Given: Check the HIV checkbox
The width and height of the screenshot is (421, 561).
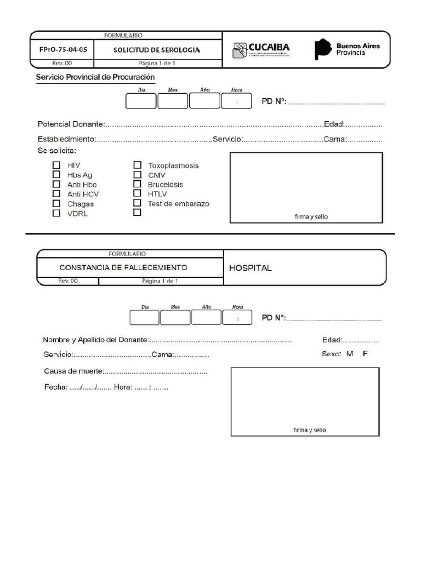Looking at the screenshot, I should click(56, 165).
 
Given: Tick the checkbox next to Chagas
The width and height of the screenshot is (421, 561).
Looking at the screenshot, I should click(56, 204).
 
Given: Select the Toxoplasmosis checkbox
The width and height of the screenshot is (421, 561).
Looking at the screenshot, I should click(137, 165).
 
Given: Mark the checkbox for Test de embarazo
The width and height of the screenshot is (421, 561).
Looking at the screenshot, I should click(137, 203).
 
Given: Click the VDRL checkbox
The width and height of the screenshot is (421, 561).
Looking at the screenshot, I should click(56, 214).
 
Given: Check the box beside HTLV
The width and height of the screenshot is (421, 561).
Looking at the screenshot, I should click(137, 193).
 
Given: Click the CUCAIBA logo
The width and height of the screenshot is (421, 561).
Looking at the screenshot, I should click(261, 50).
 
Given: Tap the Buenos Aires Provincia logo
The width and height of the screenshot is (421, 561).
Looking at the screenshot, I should click(346, 49).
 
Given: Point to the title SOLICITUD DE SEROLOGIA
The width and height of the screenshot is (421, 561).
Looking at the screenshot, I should click(157, 50).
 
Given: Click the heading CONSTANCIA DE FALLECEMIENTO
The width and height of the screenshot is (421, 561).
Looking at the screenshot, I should click(123, 268).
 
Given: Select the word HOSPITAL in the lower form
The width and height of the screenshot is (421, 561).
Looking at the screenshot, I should click(250, 268).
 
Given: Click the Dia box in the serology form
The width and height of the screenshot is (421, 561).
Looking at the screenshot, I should click(141, 101).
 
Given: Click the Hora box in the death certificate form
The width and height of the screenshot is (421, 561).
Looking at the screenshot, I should click(237, 318).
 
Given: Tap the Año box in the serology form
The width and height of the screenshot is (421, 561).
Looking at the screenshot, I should click(204, 101).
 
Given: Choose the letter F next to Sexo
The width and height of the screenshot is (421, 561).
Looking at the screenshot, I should click(365, 354).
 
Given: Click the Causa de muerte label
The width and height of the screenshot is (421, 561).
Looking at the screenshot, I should click(73, 371).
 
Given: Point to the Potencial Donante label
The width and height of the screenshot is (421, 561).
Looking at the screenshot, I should click(70, 124).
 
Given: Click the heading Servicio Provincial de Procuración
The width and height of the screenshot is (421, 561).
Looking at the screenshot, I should click(95, 77).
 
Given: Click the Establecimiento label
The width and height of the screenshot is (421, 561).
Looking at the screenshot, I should click(66, 139).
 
